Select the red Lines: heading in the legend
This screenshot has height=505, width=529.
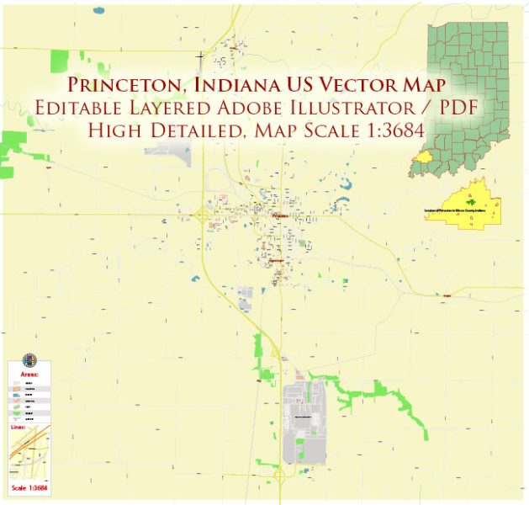click(x=20, y=428)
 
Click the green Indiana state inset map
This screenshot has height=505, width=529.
click(x=467, y=93)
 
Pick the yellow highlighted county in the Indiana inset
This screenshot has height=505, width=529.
click(x=423, y=157)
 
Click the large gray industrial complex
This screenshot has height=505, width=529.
click(x=303, y=421)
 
